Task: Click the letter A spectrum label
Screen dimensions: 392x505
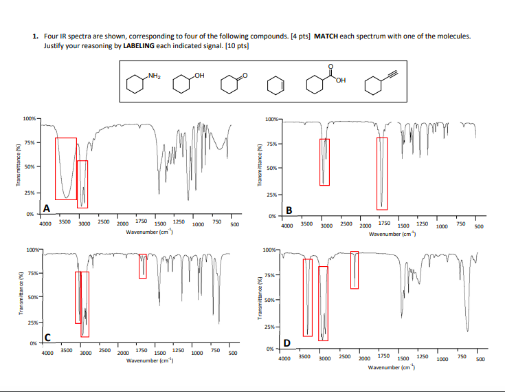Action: [47, 208]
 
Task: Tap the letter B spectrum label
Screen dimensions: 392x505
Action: [289, 210]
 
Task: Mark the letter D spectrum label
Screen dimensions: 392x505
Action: [287, 343]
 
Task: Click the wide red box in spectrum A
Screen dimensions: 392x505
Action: [66, 168]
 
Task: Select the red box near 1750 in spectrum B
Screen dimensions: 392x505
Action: [382, 173]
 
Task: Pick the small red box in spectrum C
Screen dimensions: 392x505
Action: [143, 265]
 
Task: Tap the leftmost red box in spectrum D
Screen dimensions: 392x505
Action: [307, 297]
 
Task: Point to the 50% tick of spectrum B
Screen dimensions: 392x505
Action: [272, 168]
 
